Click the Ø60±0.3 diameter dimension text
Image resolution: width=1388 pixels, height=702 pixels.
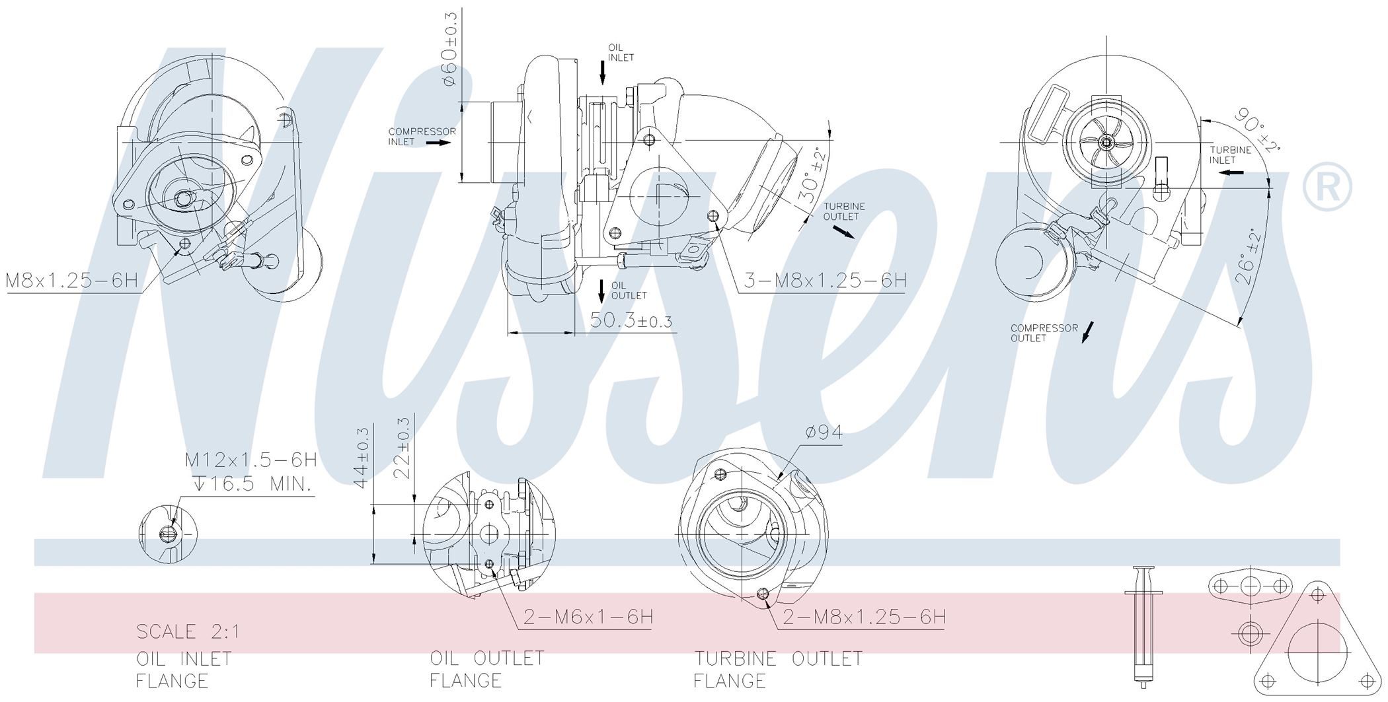click(x=449, y=48)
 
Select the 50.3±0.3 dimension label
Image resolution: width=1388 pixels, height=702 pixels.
click(x=631, y=320)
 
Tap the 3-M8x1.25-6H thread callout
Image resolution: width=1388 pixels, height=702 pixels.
click(x=825, y=281)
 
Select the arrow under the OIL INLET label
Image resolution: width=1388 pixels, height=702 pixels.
click(x=602, y=72)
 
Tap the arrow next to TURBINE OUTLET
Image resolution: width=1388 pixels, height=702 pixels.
click(x=843, y=231)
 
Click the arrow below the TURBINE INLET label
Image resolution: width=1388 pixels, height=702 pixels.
click(x=1232, y=173)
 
